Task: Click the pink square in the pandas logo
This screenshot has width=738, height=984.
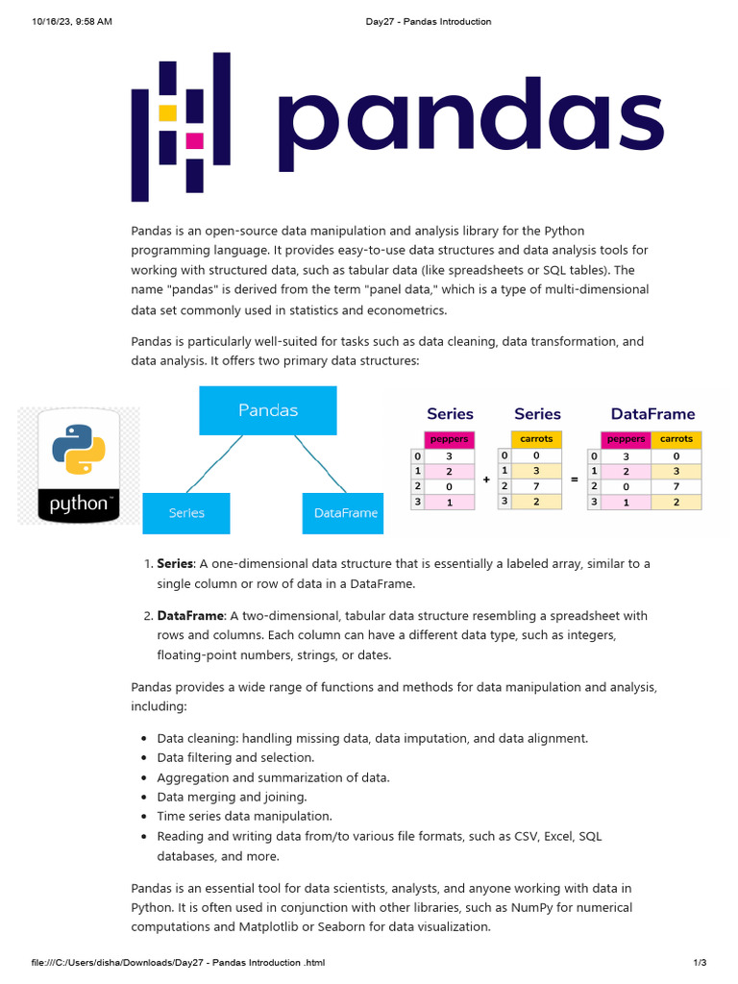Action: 195,141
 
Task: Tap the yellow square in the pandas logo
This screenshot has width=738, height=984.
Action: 167,112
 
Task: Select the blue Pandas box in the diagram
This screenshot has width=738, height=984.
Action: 268,410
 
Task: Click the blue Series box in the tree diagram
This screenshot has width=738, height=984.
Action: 186,513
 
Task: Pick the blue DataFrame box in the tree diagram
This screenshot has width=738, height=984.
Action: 345,513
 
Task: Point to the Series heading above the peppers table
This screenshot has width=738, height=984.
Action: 450,414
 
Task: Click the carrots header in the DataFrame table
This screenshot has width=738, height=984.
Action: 676,439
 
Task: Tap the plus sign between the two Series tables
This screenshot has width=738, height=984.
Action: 486,479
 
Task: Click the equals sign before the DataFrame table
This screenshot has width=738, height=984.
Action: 575,479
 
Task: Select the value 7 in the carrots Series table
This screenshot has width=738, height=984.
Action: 535,486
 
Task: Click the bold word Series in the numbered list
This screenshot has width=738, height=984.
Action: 175,563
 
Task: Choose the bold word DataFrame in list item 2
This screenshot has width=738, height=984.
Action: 190,615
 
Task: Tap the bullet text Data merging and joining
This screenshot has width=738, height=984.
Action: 232,797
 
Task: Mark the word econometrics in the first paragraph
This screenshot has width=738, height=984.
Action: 399,310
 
